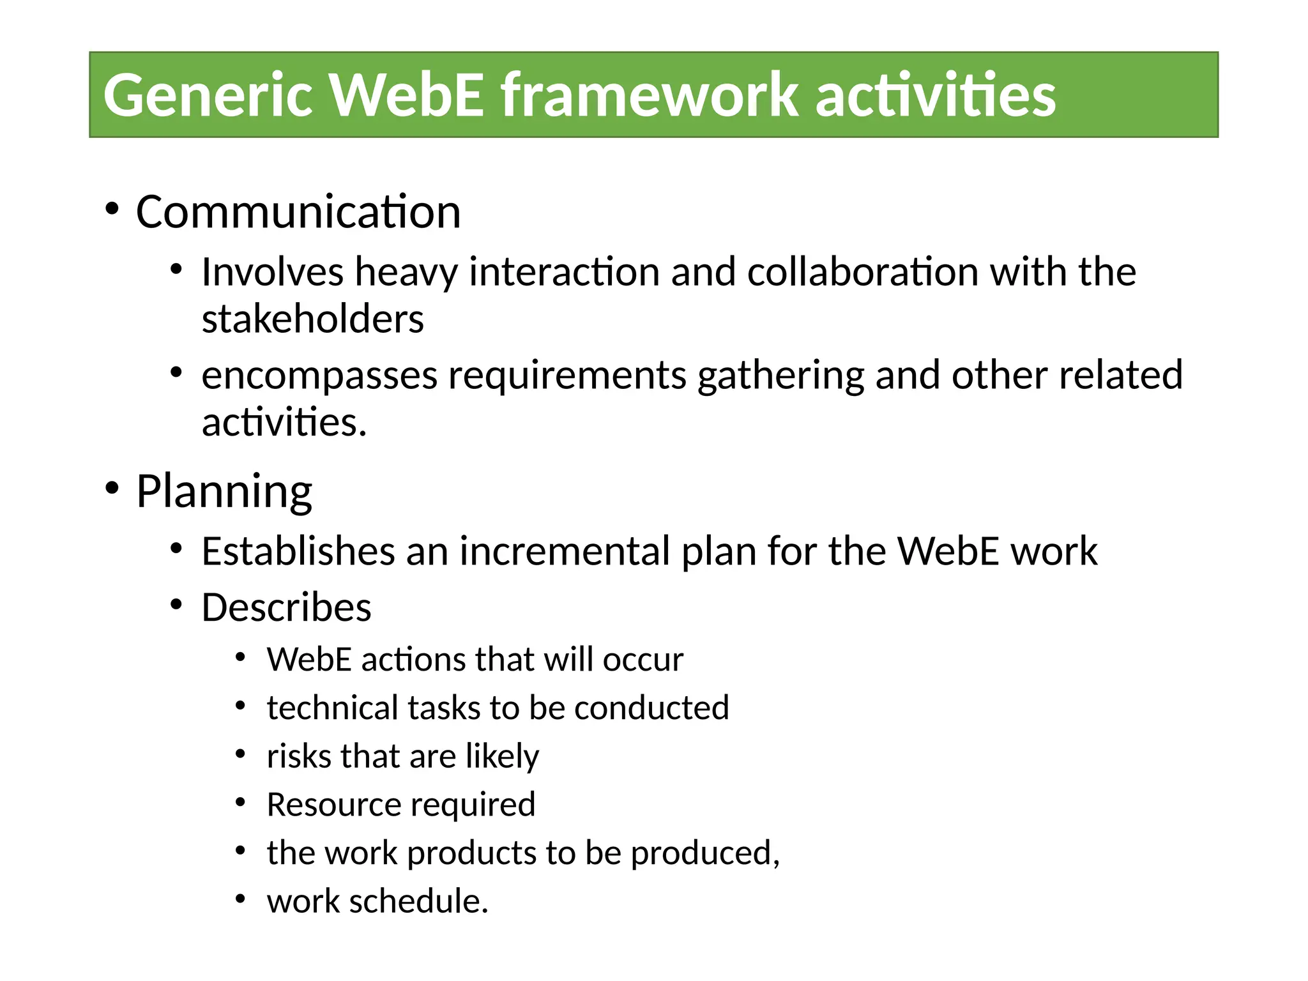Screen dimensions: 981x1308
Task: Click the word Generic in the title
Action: point(208,96)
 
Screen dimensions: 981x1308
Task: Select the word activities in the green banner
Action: point(936,96)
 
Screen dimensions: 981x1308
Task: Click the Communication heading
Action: point(298,212)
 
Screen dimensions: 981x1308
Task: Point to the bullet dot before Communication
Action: point(112,209)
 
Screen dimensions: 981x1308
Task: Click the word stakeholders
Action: point(312,319)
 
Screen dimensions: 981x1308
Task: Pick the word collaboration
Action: point(862,272)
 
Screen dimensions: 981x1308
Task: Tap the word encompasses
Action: point(319,376)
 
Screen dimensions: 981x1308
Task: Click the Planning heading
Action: point(224,491)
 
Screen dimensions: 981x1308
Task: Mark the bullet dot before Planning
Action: point(112,489)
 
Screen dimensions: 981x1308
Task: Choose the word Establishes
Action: point(298,551)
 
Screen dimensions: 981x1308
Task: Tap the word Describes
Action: point(286,607)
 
